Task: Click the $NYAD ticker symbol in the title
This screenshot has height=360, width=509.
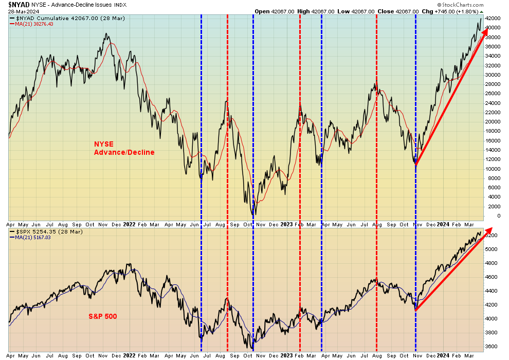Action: click(19, 4)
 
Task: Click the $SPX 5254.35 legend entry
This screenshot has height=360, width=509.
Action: click(46, 232)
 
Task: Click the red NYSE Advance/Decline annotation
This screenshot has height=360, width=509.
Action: click(123, 148)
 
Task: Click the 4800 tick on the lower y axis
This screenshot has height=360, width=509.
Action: click(494, 263)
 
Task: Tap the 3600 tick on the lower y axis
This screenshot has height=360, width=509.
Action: click(494, 346)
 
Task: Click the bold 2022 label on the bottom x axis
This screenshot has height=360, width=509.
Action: click(130, 355)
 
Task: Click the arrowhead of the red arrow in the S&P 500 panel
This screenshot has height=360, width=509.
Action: click(488, 230)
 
